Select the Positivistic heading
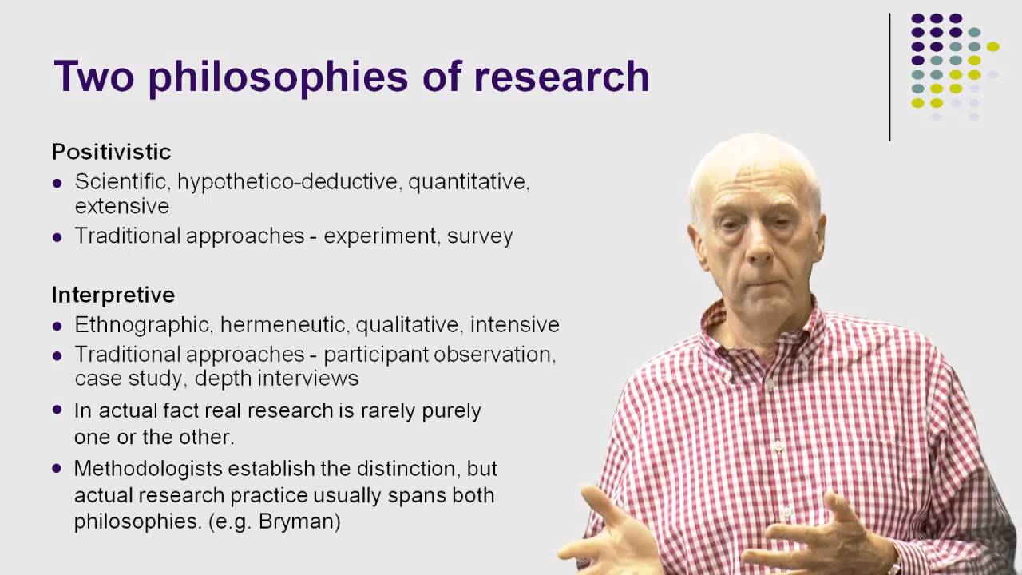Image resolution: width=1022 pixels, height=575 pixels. [x=111, y=152]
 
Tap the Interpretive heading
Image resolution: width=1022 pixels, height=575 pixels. [x=113, y=295]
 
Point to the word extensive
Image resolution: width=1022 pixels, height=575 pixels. [x=121, y=206]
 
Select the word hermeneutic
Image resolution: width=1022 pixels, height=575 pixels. [x=285, y=325]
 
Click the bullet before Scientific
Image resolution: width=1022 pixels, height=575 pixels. [x=57, y=183]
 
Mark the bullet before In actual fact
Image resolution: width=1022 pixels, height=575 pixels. [x=57, y=410]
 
